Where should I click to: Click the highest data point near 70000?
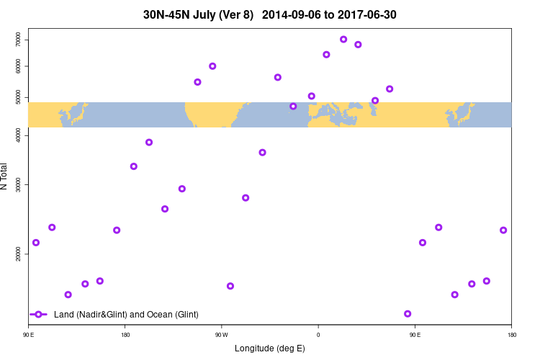click(x=343, y=40)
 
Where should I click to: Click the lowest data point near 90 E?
click(x=408, y=314)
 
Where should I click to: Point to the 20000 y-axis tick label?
click(x=19, y=254)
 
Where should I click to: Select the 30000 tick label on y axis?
click(x=19, y=185)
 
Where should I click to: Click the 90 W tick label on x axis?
click(x=221, y=335)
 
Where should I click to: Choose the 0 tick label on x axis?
click(x=318, y=335)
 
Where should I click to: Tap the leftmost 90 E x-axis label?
click(x=29, y=335)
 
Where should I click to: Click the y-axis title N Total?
click(x=6, y=176)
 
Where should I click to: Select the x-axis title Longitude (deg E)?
click(x=270, y=348)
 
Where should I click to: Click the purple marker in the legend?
click(x=39, y=315)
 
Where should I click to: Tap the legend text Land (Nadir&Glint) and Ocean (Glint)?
click(x=126, y=315)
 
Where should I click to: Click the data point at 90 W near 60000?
click(x=212, y=66)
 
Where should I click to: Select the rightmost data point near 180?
click(x=503, y=230)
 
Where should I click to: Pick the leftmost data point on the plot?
click(x=36, y=243)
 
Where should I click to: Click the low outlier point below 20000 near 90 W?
click(x=230, y=286)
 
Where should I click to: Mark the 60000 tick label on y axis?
click(x=19, y=66)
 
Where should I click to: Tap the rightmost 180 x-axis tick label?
click(x=511, y=335)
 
